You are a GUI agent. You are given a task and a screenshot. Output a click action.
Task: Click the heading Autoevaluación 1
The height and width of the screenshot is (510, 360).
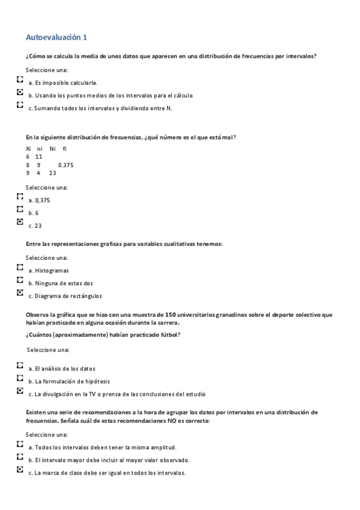[56, 37]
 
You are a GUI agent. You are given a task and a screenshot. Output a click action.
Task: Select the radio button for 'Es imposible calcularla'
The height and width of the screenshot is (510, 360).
[20, 79]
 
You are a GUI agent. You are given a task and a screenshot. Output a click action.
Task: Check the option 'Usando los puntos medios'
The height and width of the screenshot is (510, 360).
[20, 93]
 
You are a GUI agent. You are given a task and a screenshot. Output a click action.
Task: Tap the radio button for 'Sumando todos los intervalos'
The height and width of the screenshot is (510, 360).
[20, 105]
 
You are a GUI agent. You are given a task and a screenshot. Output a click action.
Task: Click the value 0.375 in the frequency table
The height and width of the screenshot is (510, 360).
[66, 164]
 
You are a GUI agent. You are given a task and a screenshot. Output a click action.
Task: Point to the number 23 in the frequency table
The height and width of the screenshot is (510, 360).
[53, 173]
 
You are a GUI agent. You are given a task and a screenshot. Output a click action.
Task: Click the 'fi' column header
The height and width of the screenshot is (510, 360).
[65, 148]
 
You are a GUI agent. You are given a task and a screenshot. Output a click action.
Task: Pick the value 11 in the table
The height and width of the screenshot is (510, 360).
[39, 156]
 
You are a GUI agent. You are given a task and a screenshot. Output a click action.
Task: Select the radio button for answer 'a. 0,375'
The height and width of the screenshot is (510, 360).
[20, 196]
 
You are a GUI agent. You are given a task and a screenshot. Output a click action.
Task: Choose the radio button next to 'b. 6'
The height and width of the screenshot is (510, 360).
[20, 209]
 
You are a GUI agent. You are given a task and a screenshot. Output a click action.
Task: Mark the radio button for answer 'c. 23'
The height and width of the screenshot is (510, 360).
[20, 222]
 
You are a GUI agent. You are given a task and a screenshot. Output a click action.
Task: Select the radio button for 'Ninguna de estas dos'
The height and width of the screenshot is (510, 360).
[20, 280]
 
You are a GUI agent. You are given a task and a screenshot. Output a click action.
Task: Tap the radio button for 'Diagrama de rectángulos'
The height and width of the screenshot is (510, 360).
[20, 293]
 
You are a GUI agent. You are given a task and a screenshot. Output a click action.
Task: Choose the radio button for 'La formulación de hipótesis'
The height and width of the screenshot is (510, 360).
[20, 378]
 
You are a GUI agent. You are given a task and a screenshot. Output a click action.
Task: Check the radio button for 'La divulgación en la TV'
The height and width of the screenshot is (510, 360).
[20, 391]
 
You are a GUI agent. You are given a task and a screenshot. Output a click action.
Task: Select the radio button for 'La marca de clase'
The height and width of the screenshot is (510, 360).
[20, 469]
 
